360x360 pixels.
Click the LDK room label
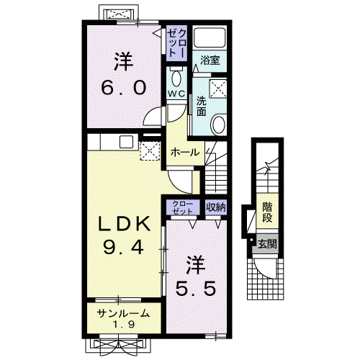click(124, 224)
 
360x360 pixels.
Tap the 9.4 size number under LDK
click(124, 247)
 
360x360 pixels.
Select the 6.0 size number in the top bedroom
click(124, 87)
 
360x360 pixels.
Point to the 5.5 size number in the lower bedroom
click(196, 288)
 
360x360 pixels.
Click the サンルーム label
click(123, 313)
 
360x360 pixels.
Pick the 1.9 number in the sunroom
click(124, 325)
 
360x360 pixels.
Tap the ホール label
click(185, 152)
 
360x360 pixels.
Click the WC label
click(176, 94)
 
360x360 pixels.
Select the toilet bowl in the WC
click(177, 78)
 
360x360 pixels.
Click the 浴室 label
click(210, 60)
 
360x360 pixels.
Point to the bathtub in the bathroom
click(210, 37)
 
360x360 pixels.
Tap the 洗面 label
click(202, 107)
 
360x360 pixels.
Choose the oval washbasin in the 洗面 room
click(218, 125)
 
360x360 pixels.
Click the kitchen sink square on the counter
click(126, 142)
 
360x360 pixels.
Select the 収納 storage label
click(216, 207)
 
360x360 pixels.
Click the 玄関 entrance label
click(267, 244)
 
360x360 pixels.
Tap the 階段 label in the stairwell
click(267, 212)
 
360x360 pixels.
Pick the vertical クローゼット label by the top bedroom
click(177, 42)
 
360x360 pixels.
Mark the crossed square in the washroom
click(218, 89)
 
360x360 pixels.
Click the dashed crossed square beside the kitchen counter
click(150, 150)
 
